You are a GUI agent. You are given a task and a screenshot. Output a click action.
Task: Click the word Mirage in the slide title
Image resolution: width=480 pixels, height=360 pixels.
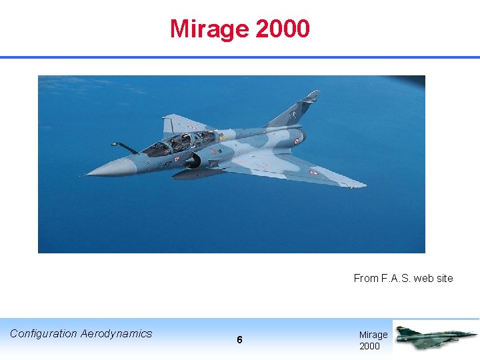209,29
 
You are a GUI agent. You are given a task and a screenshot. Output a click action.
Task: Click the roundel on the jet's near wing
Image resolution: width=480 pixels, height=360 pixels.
313,172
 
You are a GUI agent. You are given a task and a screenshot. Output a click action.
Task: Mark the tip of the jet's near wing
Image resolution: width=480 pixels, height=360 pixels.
363,184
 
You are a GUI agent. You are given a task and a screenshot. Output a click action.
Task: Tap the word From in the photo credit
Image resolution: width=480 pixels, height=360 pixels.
366,279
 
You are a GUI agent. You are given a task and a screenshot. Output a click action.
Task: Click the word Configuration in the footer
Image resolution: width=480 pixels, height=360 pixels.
43,333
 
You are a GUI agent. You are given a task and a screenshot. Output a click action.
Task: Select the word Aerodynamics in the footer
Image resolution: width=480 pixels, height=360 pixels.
116,333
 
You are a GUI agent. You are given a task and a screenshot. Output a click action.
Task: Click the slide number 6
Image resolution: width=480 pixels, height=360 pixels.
239,340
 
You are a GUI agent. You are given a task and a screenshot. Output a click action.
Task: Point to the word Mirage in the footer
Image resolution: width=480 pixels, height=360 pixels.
373,335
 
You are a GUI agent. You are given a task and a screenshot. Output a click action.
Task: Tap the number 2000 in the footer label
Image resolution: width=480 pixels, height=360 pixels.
369,346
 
